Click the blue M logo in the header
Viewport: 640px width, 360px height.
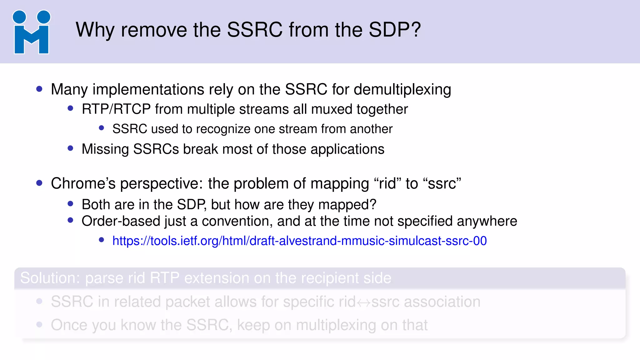pyautogui.click(x=31, y=32)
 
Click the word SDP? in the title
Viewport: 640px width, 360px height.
pyautogui.click(x=395, y=30)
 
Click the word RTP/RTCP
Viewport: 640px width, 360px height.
pyautogui.click(x=116, y=109)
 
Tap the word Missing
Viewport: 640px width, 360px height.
pyautogui.click(x=105, y=149)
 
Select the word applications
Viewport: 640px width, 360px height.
pyautogui.click(x=347, y=149)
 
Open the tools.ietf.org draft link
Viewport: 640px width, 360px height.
pyautogui.click(x=299, y=241)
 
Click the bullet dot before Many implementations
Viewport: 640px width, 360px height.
pyautogui.click(x=39, y=89)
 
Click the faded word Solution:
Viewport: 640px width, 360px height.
pyautogui.click(x=50, y=278)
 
